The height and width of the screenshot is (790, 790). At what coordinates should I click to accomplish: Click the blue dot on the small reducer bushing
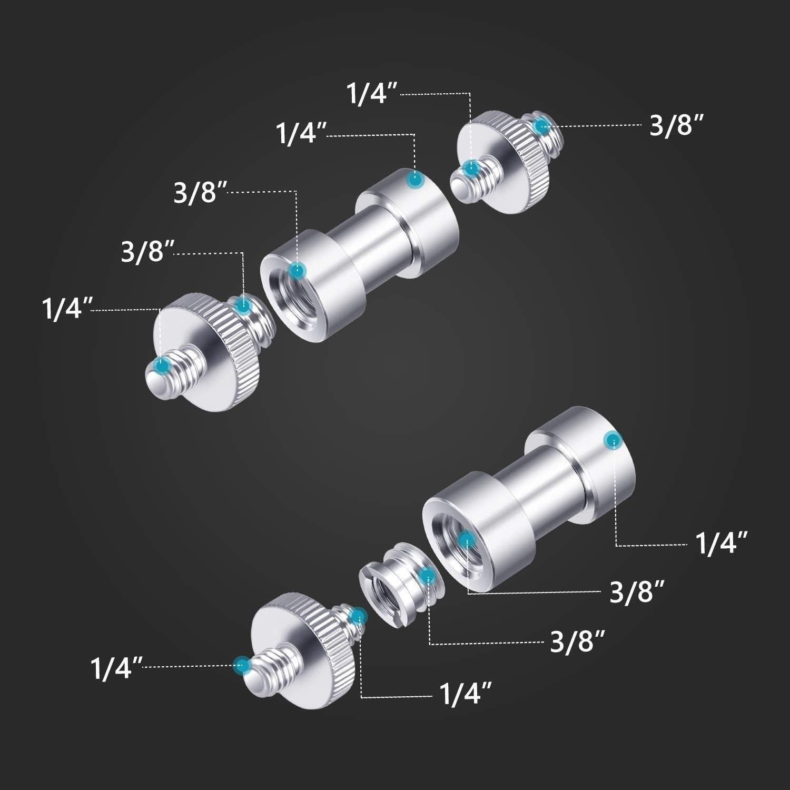click(x=428, y=576)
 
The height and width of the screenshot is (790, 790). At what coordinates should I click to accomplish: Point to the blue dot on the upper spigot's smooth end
click(x=416, y=180)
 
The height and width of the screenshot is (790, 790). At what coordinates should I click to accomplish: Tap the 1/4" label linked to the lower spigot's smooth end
click(x=721, y=544)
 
